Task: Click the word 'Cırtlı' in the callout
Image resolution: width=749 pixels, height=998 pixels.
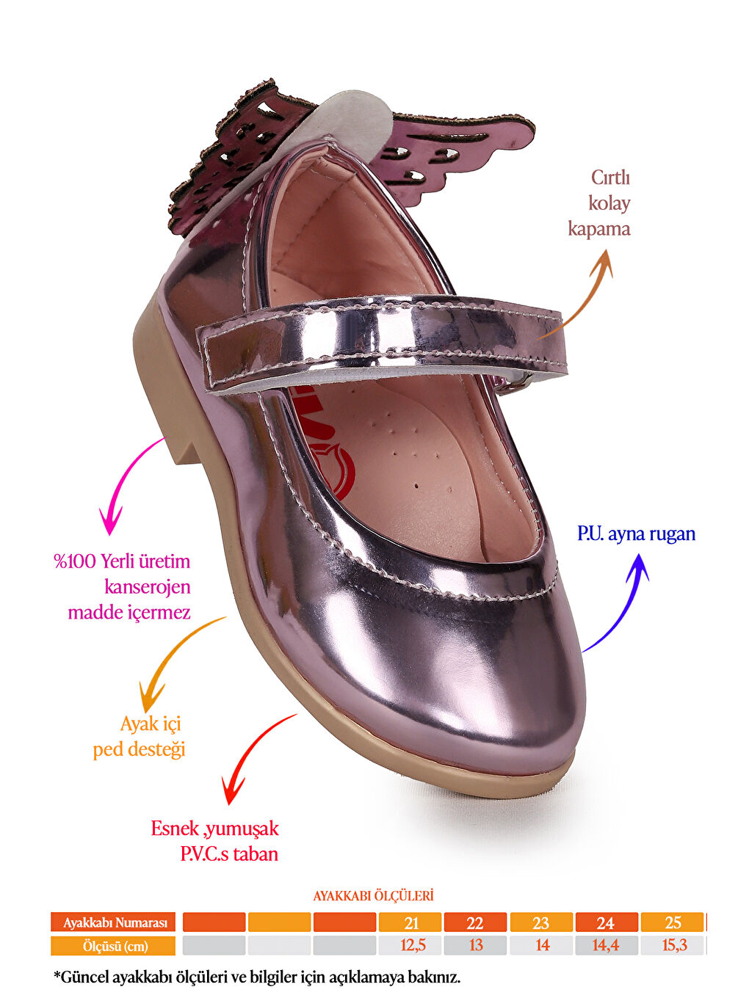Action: tap(610, 178)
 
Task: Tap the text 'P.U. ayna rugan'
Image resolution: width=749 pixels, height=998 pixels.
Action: tap(636, 533)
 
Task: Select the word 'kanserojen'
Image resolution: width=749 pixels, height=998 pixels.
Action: tap(147, 586)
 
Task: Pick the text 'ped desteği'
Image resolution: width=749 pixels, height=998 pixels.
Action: tap(139, 749)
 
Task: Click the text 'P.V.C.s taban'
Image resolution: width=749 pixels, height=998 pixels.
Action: tap(229, 853)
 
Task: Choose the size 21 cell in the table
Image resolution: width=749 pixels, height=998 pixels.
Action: tap(410, 922)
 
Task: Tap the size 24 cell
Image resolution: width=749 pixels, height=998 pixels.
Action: tap(606, 922)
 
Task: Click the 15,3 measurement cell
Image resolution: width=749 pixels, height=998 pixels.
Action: tap(674, 945)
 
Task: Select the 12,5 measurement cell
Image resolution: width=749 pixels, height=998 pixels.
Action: tap(412, 945)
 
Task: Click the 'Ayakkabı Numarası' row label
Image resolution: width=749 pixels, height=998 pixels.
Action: tap(114, 922)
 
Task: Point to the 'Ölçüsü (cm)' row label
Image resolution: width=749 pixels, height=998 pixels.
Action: tap(114, 946)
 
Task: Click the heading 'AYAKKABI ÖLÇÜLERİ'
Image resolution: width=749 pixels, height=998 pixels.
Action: tap(373, 896)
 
